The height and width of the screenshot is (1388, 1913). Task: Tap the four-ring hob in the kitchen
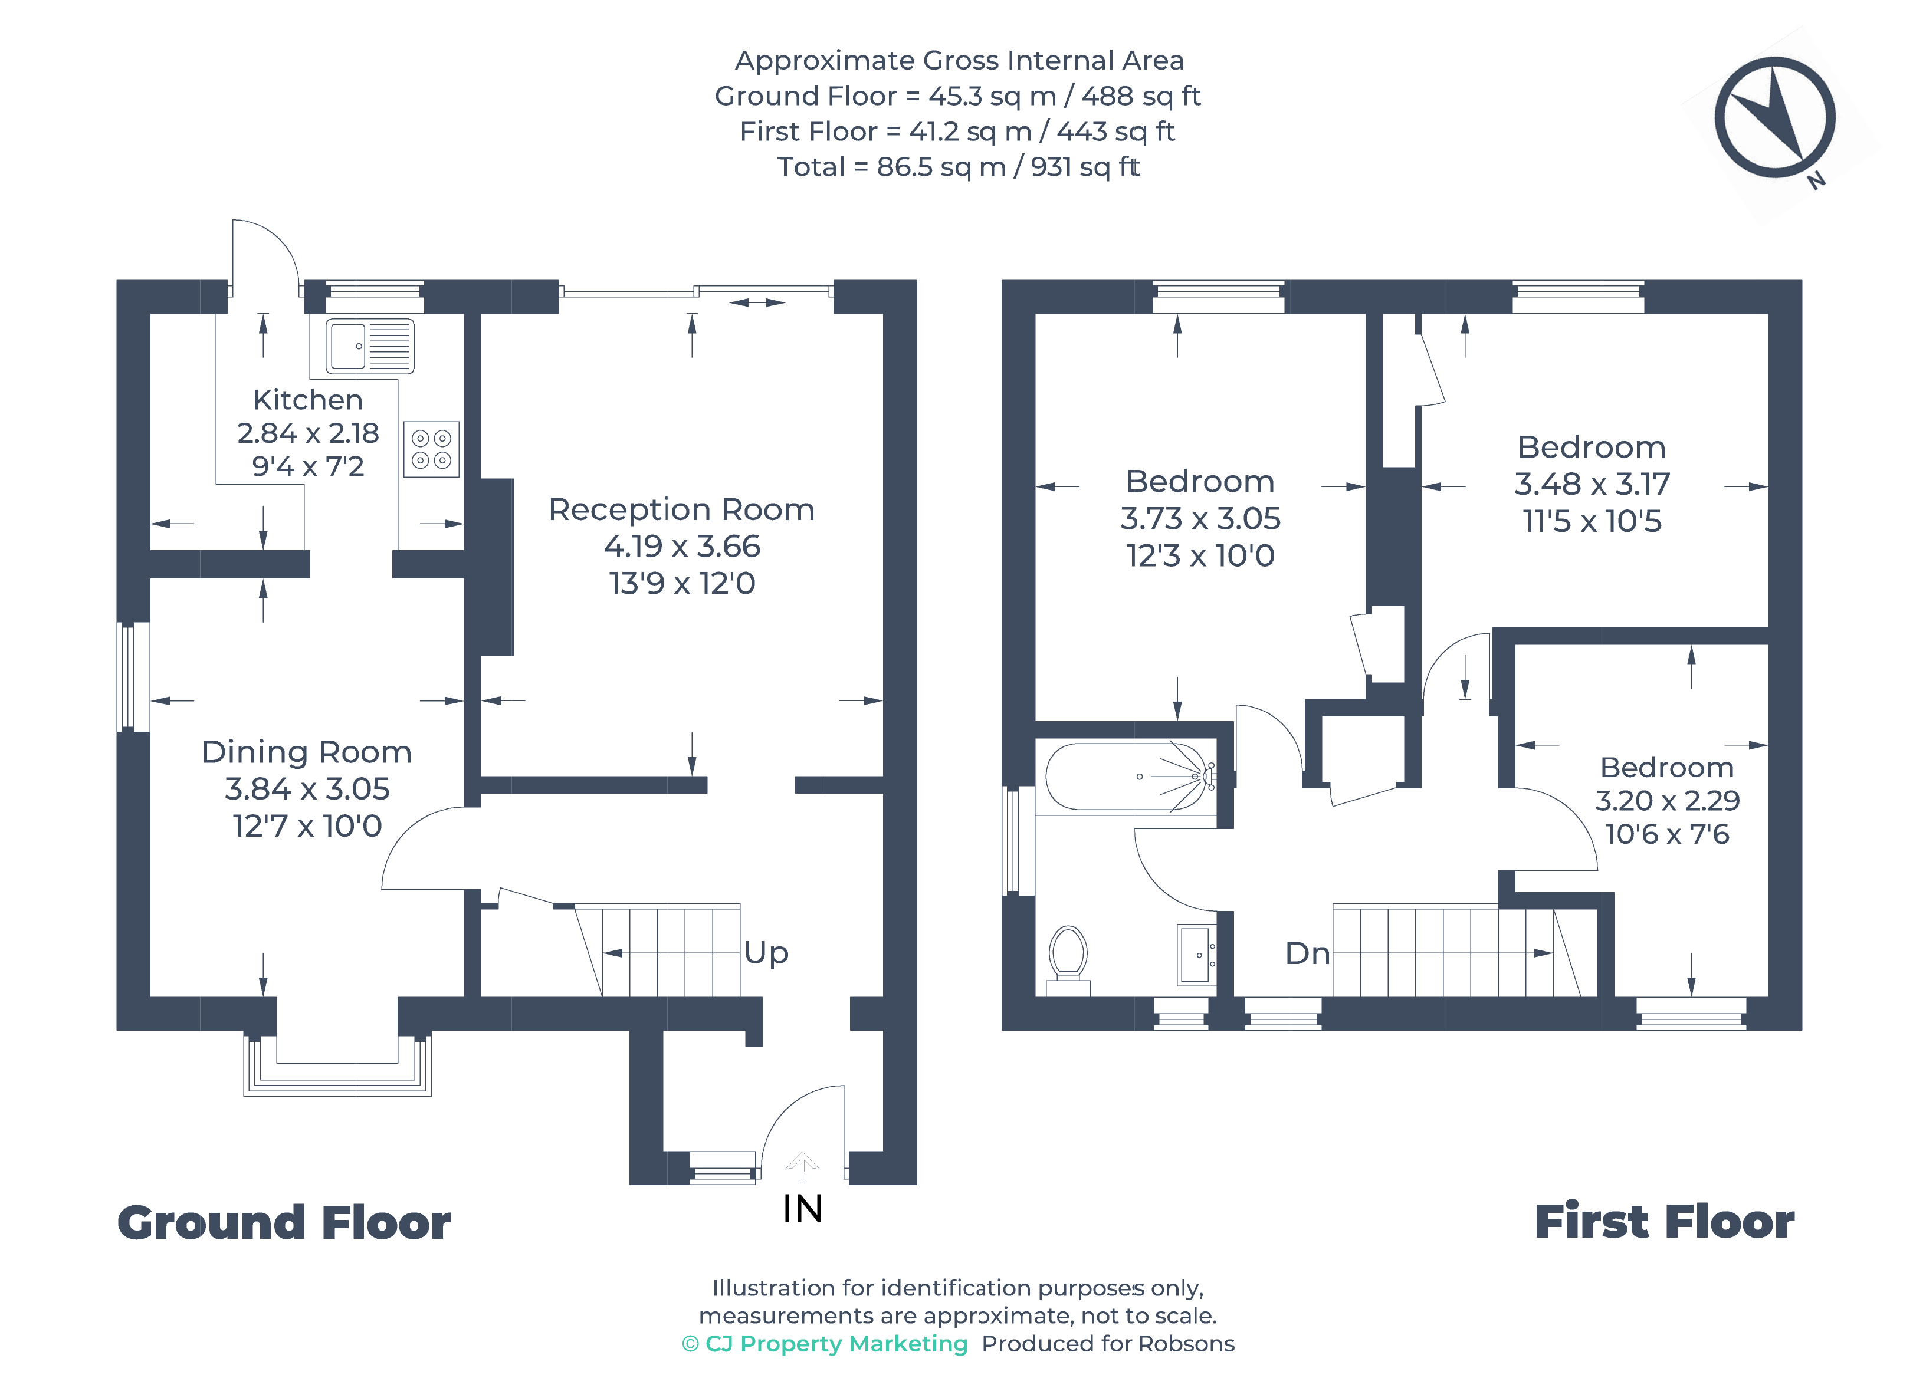431,449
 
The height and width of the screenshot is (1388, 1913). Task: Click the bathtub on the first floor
1130,777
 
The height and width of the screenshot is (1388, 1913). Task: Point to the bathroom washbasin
1196,955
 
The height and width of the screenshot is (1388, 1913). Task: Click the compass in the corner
1776,118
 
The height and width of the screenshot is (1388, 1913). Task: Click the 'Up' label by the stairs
766,953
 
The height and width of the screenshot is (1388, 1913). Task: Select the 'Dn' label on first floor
1307,953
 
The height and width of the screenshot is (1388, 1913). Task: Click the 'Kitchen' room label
308,400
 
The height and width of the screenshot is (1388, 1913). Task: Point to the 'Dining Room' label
307,752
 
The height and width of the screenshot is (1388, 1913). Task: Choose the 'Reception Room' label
681,510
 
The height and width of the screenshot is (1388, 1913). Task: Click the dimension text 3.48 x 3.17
1592,484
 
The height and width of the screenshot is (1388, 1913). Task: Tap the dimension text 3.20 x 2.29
1666,800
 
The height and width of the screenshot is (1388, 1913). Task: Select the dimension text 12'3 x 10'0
1200,555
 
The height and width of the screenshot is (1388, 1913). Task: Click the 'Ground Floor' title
284,1223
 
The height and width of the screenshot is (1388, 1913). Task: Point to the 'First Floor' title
1664,1223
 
